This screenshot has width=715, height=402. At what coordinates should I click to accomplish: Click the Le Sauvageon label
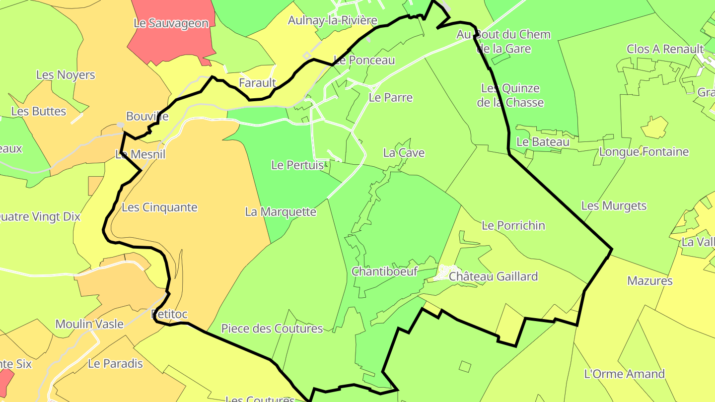pyautogui.click(x=171, y=23)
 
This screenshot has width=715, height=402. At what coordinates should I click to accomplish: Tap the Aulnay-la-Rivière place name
pyautogui.click(x=333, y=20)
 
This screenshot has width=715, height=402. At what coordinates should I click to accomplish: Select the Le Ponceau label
pyautogui.click(x=364, y=60)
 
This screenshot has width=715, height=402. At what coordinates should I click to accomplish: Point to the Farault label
pyautogui.click(x=257, y=82)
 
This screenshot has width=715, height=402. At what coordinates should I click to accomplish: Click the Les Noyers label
pyautogui.click(x=66, y=75)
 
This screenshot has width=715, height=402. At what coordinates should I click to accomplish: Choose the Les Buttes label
pyautogui.click(x=39, y=111)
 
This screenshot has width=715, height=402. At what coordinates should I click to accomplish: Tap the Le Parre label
pyautogui.click(x=391, y=97)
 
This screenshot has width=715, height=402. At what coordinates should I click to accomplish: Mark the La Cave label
pyautogui.click(x=404, y=153)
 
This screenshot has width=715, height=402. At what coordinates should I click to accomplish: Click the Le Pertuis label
pyautogui.click(x=297, y=165)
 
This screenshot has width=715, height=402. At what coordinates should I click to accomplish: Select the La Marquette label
pyautogui.click(x=281, y=212)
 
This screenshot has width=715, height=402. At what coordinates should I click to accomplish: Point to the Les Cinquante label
pyautogui.click(x=159, y=207)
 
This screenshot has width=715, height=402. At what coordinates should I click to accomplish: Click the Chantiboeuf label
pyautogui.click(x=384, y=271)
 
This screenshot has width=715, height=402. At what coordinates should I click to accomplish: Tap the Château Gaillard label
pyautogui.click(x=493, y=276)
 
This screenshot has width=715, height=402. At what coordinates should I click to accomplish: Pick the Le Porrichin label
pyautogui.click(x=513, y=225)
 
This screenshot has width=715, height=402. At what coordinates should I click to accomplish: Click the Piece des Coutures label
pyautogui.click(x=272, y=329)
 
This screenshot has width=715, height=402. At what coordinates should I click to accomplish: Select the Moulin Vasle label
pyautogui.click(x=89, y=324)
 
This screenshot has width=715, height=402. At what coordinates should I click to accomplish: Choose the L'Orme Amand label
pyautogui.click(x=625, y=374)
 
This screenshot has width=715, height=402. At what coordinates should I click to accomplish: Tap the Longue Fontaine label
pyautogui.click(x=644, y=152)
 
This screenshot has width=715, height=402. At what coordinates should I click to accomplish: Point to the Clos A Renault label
pyautogui.click(x=665, y=49)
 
